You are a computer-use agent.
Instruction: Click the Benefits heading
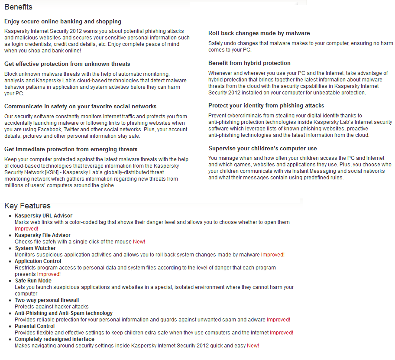[x=18, y=7]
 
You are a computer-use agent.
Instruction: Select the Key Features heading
[x=27, y=206]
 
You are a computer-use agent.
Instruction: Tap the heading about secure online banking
[x=63, y=22]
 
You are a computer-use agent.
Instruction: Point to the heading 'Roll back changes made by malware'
[x=259, y=33]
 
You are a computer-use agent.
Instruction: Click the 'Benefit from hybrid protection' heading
[x=249, y=63]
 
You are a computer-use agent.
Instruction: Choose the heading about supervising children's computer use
[x=262, y=149]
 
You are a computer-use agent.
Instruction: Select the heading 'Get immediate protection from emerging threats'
[x=71, y=149]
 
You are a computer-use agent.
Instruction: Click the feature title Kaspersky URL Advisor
[x=43, y=216]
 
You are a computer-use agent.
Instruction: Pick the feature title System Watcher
[x=35, y=248]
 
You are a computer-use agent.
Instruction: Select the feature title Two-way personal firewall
[x=47, y=300]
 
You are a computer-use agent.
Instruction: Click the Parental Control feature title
[x=35, y=326]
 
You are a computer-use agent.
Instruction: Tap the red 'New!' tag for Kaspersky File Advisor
[x=139, y=242]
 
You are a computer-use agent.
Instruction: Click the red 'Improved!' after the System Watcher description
[x=273, y=255]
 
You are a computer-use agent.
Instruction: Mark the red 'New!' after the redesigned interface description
[x=253, y=346]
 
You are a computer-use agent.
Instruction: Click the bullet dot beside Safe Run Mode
[x=10, y=281]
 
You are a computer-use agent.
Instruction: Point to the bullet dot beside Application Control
[x=10, y=262]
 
